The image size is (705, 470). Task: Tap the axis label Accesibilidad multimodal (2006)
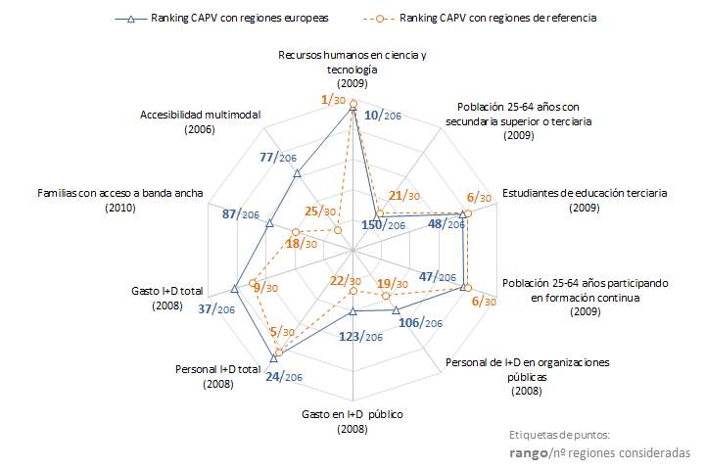tap(201, 121)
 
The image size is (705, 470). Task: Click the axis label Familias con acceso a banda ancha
tap(120, 194)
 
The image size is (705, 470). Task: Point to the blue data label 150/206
tap(383, 226)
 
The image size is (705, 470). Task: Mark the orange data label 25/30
tap(320, 211)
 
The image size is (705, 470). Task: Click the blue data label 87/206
tap(240, 214)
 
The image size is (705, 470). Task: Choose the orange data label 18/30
tap(301, 245)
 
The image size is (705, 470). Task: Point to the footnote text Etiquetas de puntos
tap(560, 435)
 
